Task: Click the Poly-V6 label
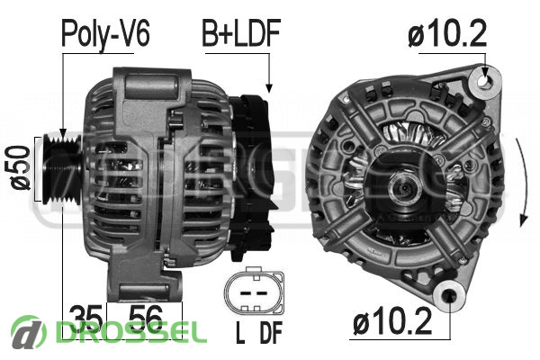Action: click(x=105, y=34)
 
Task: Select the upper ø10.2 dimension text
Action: click(x=447, y=33)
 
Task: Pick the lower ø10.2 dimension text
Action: click(x=392, y=321)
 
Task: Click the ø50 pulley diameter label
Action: click(x=20, y=167)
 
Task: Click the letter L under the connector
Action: click(x=240, y=332)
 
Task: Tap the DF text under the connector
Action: click(x=271, y=332)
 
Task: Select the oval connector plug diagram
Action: click(x=254, y=291)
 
